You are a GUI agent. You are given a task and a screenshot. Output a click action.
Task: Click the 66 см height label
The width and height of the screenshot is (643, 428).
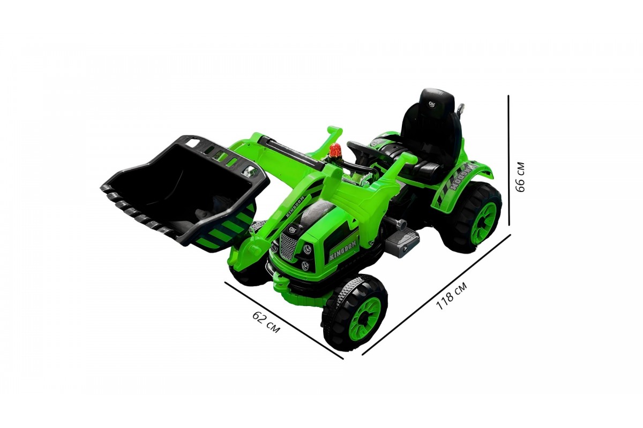click(520, 177)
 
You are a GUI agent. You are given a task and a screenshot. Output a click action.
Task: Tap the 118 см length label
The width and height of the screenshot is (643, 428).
click(451, 295)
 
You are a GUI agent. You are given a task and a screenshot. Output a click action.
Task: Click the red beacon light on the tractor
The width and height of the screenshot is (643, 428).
click(334, 150)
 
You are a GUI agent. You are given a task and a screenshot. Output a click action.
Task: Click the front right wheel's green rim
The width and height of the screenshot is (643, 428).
click(365, 319)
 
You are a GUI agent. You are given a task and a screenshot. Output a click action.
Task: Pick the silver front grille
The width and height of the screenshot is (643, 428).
click(288, 246)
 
